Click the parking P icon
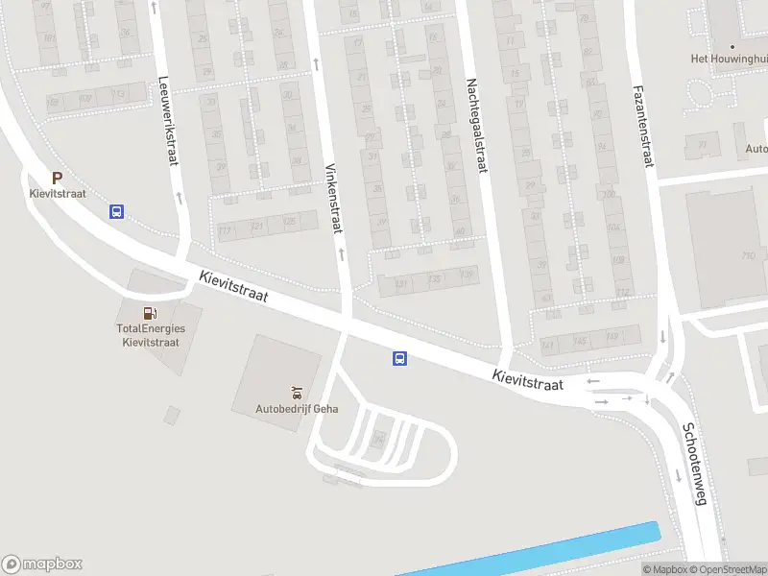click(57, 178)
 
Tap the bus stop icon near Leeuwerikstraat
click(116, 212)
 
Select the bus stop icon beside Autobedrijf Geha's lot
click(398, 359)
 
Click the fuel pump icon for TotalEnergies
click(150, 312)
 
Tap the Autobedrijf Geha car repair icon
click(297, 391)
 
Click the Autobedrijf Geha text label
click(297, 408)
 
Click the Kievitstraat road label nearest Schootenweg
click(527, 380)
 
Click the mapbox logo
click(42, 564)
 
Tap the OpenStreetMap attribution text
click(729, 569)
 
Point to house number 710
click(748, 255)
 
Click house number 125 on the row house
click(288, 222)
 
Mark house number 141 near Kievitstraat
click(548, 344)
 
